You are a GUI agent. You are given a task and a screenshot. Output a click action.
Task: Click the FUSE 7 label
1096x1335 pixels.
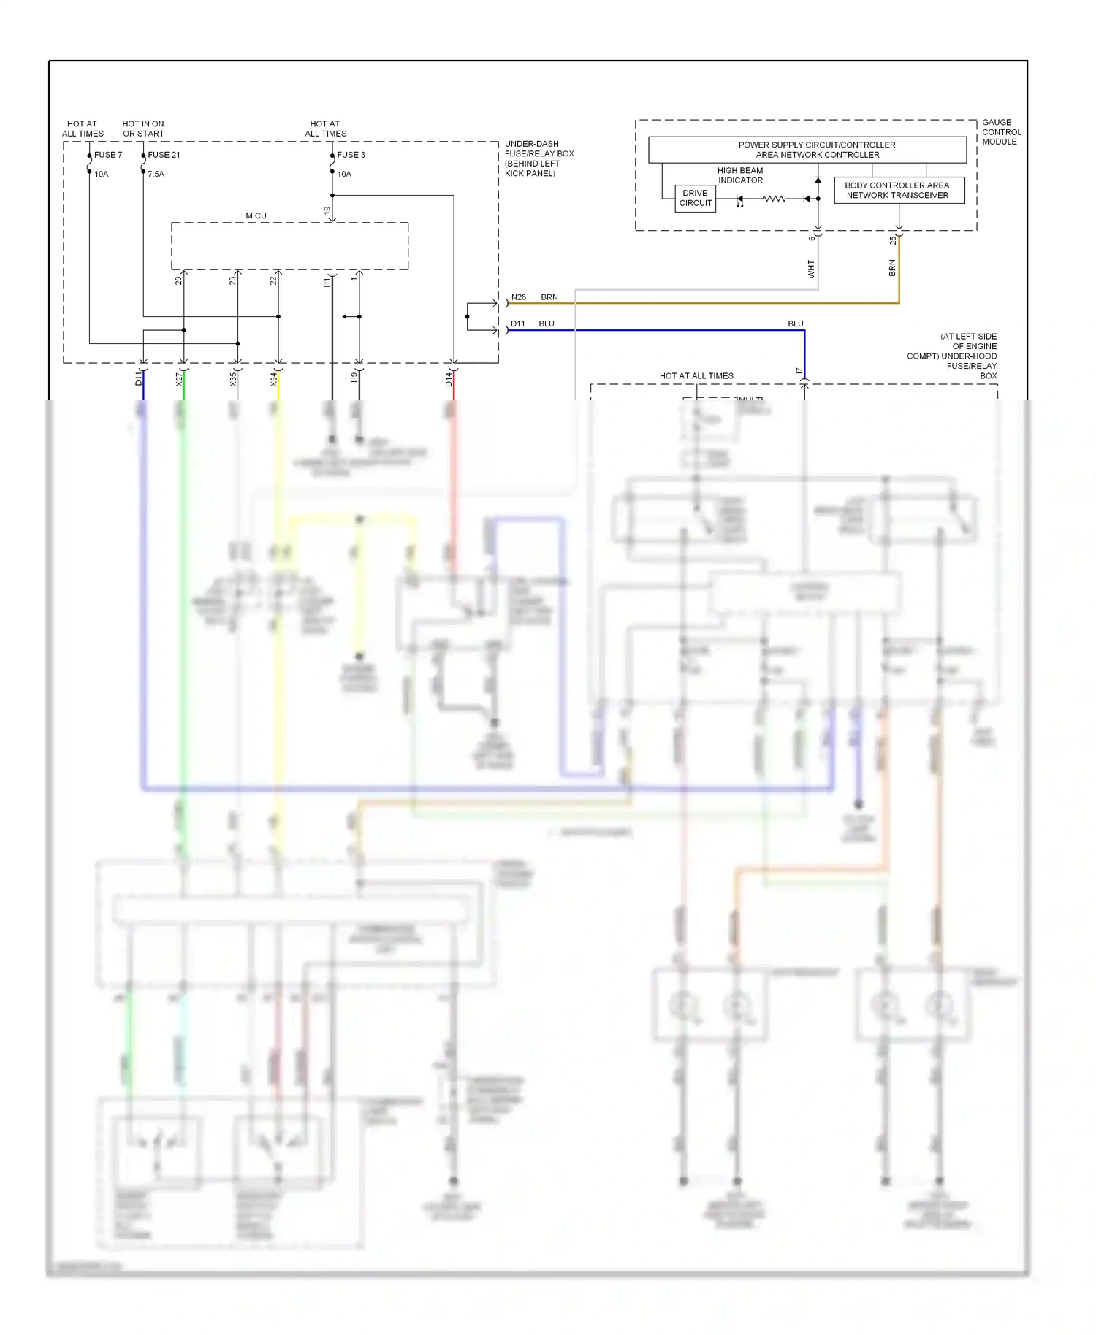(108, 155)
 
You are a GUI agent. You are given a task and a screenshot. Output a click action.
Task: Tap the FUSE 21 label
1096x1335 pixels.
(164, 155)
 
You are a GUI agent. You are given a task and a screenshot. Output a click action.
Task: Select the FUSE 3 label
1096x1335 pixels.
(351, 155)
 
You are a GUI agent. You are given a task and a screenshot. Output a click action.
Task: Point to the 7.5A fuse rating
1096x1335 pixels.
(156, 175)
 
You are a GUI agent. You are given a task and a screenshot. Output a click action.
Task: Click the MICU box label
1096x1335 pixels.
(256, 216)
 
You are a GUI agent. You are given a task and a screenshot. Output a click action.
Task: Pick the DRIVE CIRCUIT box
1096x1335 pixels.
(695, 199)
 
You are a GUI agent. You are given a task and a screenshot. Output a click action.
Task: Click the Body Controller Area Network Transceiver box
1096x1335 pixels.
(899, 191)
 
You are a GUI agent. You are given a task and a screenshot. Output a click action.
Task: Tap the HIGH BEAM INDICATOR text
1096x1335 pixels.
(740, 175)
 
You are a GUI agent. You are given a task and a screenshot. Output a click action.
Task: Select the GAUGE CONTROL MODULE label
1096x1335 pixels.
(1001, 132)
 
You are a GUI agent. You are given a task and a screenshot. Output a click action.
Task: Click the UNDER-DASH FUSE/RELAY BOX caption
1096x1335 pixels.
(539, 158)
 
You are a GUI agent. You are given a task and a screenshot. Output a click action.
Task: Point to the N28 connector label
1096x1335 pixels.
(519, 297)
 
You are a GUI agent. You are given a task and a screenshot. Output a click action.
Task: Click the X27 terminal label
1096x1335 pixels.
(178, 379)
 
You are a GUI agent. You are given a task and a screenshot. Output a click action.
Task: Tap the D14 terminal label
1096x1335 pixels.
(449, 379)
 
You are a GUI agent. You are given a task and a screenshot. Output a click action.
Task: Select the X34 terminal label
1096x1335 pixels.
(274, 379)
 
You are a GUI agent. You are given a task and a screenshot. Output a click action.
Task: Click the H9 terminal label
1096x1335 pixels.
(354, 378)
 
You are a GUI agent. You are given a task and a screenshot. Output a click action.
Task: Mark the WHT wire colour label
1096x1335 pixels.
(810, 269)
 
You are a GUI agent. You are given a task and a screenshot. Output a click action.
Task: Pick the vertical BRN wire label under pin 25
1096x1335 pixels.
(891, 268)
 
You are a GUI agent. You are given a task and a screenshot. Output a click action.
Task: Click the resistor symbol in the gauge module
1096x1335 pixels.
(774, 199)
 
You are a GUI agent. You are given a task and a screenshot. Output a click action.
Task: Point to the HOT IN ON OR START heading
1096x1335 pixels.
(143, 129)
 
